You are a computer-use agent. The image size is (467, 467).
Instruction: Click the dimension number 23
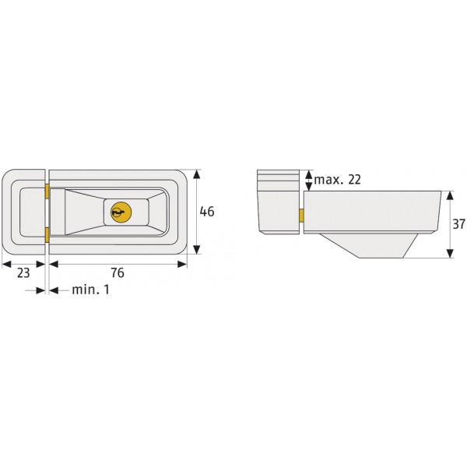[x=23, y=273]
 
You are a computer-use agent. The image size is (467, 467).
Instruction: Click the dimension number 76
[x=118, y=273]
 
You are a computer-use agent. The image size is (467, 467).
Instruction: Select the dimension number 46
[x=207, y=212]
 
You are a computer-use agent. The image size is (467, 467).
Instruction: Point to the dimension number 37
[x=458, y=224]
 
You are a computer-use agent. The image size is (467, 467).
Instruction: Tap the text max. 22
[x=338, y=180]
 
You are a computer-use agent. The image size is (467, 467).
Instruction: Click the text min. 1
[x=90, y=290]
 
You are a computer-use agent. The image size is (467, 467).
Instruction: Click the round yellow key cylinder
[x=121, y=212]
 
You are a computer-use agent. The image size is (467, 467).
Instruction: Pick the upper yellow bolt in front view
[x=47, y=191]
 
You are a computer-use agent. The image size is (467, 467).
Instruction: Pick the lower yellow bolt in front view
[x=47, y=235]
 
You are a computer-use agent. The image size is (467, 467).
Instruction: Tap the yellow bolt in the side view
[x=301, y=216]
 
